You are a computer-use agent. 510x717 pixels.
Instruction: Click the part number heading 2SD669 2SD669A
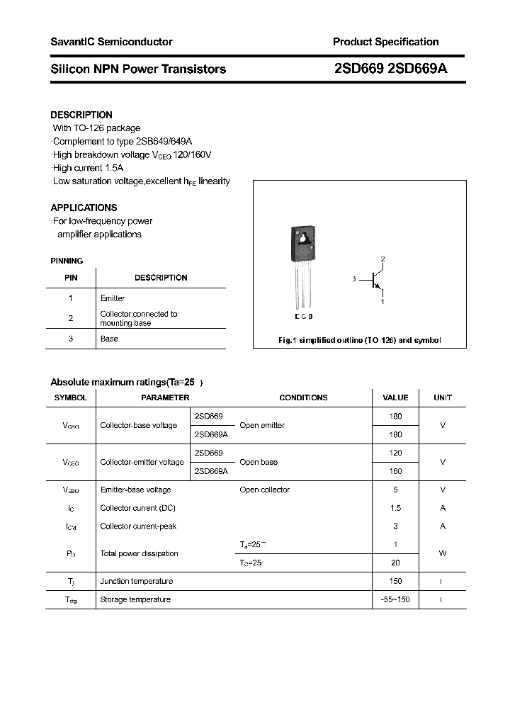coord(390,69)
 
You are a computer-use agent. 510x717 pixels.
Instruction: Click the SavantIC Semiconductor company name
coord(111,42)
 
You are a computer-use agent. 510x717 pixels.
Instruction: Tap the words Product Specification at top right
coord(385,42)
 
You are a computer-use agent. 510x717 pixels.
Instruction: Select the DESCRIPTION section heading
coord(81,115)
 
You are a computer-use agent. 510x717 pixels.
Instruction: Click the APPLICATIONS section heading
coord(84,208)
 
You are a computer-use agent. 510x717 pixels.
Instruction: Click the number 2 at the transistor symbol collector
coord(382,259)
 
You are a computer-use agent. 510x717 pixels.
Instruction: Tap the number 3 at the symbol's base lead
coord(353,280)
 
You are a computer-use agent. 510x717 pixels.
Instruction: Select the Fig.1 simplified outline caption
coord(359,340)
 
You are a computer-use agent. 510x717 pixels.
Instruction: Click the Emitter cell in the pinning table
coord(113,298)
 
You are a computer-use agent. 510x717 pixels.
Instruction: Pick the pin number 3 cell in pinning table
coord(71,339)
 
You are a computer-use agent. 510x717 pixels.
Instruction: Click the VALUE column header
coord(395,397)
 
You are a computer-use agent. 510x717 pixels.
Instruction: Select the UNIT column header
coord(443,397)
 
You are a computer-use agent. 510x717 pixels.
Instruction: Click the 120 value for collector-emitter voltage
coord(395,453)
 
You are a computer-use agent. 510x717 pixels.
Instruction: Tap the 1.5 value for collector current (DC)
coord(395,508)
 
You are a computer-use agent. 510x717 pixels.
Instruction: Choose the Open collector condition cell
coord(264,490)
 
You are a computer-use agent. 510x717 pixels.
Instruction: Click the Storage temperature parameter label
coord(135,599)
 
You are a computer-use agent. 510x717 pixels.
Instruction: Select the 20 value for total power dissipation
coord(395,563)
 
